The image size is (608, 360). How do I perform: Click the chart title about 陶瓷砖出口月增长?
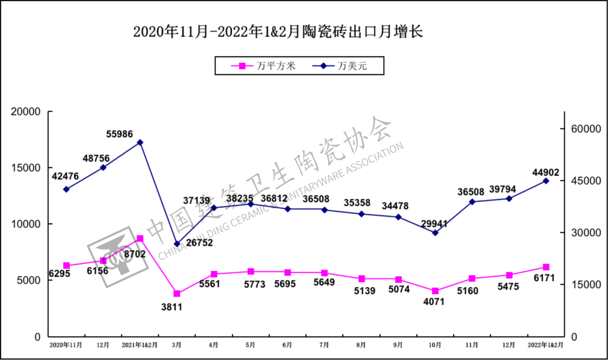tap(278, 31)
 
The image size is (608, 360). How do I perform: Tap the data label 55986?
tap(123, 134)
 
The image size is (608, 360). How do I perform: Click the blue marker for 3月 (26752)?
tap(177, 244)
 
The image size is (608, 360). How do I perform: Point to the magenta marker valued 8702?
tap(140, 238)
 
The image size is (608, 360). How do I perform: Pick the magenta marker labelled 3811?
tap(177, 294)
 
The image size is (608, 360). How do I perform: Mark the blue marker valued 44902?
tap(546, 181)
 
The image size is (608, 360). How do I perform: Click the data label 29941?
tap(432, 224)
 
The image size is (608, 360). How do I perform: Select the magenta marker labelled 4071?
tap(435, 291)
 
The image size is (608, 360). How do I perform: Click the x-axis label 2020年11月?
tap(66, 344)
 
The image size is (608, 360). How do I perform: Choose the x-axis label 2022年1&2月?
tap(544, 344)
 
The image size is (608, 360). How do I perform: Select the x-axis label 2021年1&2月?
tap(140, 344)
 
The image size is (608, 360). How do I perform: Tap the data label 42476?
tap(65, 176)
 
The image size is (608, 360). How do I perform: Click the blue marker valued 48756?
tap(103, 168)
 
